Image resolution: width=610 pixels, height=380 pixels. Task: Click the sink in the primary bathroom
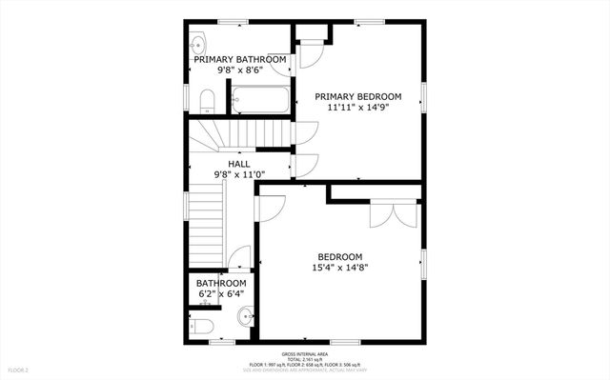pyautogui.click(x=196, y=44)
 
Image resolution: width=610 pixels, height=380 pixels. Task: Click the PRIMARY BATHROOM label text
pyautogui.click(x=240, y=60)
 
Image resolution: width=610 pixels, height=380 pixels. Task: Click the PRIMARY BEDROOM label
pyautogui.click(x=364, y=97)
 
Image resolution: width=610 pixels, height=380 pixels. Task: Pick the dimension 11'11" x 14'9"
pyautogui.click(x=364, y=109)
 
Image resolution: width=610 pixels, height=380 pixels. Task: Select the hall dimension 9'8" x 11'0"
pyautogui.click(x=239, y=175)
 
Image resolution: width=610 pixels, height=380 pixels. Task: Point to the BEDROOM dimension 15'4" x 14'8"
pyautogui.click(x=340, y=269)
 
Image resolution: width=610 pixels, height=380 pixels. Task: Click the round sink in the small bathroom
pyautogui.click(x=245, y=317)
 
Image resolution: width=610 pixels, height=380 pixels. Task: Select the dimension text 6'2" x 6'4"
pyautogui.click(x=221, y=294)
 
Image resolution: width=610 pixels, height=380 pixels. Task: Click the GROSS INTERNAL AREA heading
pyautogui.click(x=304, y=352)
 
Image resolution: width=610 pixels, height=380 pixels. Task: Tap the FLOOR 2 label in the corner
pyautogui.click(x=19, y=370)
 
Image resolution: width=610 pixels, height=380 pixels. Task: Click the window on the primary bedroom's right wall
pyautogui.click(x=424, y=97)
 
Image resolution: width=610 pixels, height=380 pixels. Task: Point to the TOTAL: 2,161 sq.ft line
pyautogui.click(x=304, y=358)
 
